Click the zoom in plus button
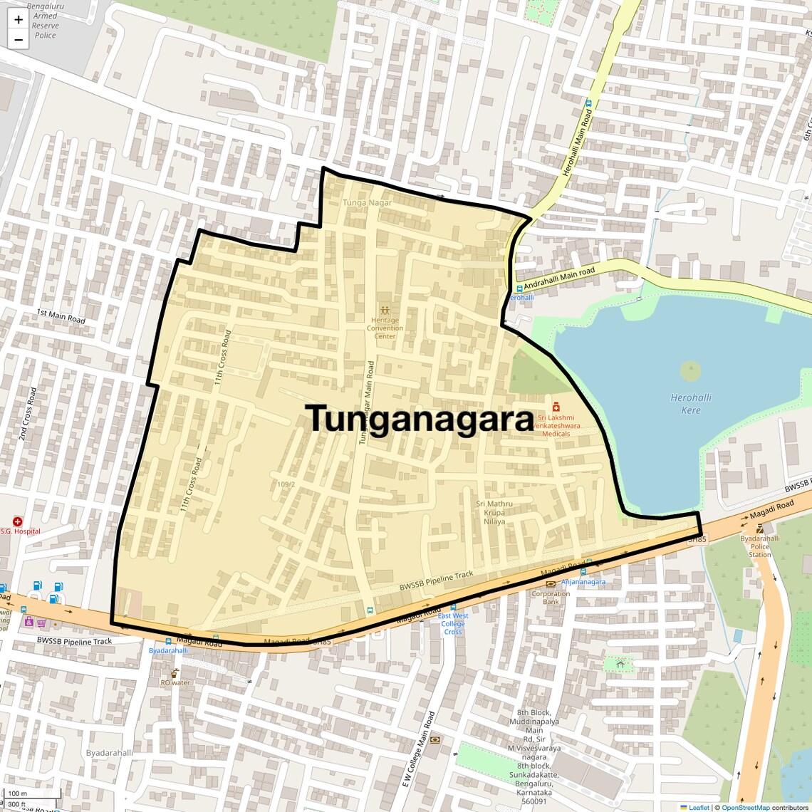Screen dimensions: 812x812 [19, 20]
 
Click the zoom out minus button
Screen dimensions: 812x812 [19, 40]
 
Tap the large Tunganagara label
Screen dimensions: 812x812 [420, 419]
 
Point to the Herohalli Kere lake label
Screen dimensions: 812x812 [690, 404]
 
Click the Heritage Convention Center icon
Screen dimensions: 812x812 [385, 311]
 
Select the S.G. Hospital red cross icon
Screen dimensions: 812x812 [18, 521]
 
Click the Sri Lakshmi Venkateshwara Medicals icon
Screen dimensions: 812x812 [556, 407]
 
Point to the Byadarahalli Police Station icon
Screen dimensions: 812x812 [760, 529]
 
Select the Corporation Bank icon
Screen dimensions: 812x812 [551, 585]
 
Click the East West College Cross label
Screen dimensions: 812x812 [453, 624]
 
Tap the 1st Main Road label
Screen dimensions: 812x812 [61, 317]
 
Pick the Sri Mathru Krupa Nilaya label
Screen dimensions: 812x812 [494, 513]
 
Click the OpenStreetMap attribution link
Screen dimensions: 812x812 [745, 808]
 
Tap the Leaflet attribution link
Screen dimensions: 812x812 [698, 808]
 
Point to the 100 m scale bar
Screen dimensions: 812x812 [31, 793]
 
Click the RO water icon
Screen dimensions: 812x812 [175, 673]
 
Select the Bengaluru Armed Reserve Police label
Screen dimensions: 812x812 [45, 21]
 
